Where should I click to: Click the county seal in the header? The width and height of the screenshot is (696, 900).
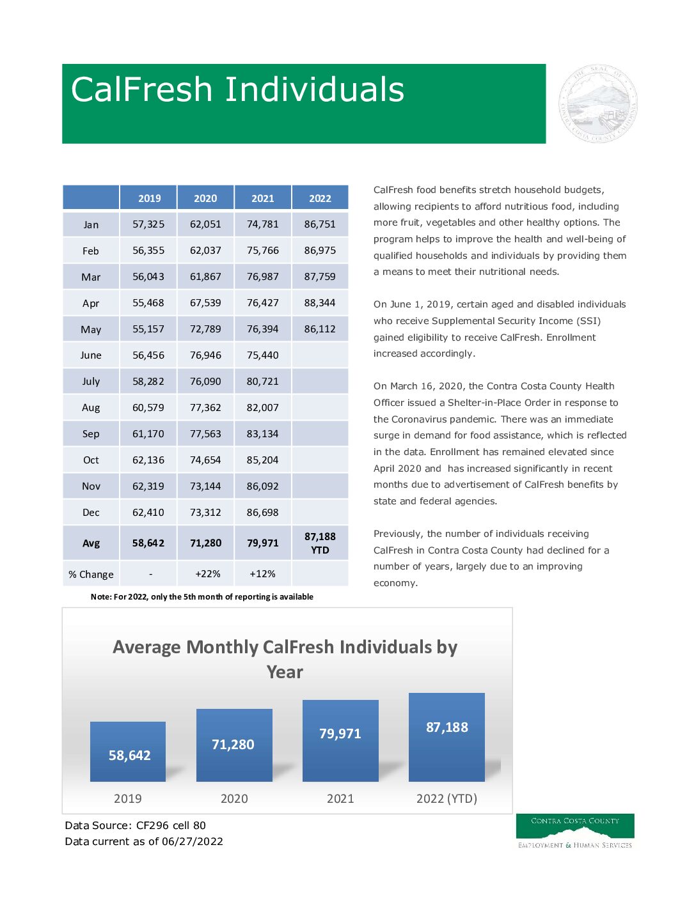click(598, 104)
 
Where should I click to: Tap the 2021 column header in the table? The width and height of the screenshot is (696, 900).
click(262, 198)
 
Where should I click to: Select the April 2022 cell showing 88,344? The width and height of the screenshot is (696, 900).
click(320, 303)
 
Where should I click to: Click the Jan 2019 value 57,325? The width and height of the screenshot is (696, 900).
click(148, 224)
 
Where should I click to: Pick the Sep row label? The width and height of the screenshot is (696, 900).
click(91, 434)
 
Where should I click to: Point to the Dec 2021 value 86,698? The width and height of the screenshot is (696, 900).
click(262, 513)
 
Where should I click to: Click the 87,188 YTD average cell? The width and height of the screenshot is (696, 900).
click(320, 543)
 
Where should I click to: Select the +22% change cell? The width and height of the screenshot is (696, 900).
click(207, 574)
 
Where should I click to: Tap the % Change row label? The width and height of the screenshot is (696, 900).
click(91, 575)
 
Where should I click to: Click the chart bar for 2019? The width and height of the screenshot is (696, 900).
click(128, 752)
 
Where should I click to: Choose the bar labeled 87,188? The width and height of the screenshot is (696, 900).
click(447, 738)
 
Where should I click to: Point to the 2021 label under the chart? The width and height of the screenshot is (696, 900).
click(340, 799)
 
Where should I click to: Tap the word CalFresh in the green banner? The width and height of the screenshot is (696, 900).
click(141, 89)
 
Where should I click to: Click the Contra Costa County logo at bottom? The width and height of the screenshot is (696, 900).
click(575, 831)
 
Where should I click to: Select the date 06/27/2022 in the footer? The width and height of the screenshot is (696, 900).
click(193, 842)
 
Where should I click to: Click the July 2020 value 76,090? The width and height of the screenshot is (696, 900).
click(205, 382)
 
